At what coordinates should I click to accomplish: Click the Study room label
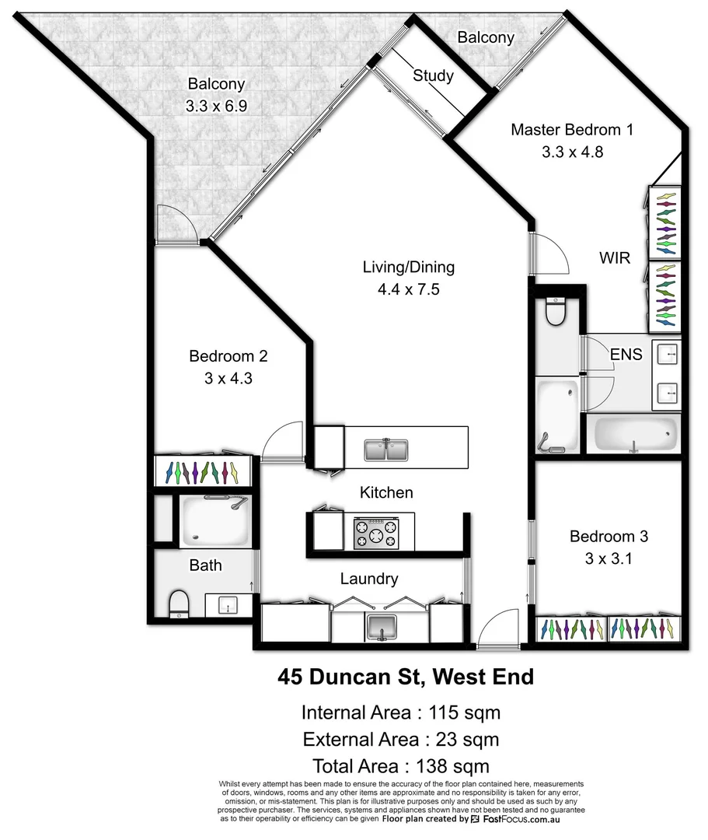(x=433, y=75)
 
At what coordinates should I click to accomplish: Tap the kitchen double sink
(x=386, y=450)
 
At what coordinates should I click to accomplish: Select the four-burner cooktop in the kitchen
(x=375, y=534)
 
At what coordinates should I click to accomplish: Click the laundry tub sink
(x=382, y=625)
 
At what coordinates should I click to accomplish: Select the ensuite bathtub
(x=635, y=434)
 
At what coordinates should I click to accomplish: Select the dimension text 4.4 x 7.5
(x=408, y=289)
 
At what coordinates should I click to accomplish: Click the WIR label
(x=614, y=257)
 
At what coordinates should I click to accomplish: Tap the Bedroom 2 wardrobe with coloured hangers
(x=204, y=471)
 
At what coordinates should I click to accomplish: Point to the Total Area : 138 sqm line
(x=400, y=765)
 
